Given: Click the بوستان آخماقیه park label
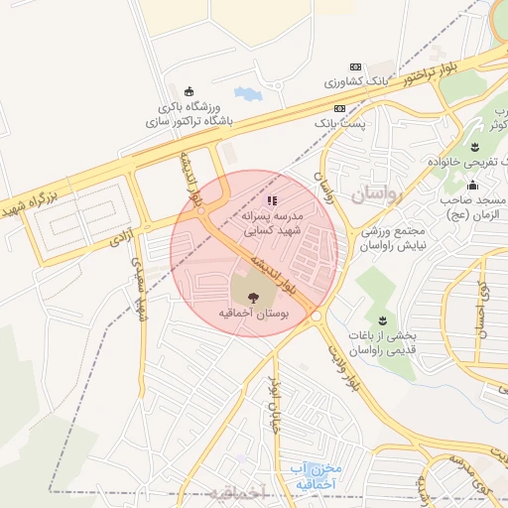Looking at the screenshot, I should pos(250,313).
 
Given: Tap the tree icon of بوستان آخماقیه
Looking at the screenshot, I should pos(250,295).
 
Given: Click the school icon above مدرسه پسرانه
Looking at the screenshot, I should pos(273,200).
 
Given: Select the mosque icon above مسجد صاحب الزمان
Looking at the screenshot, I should pos(472,186).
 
